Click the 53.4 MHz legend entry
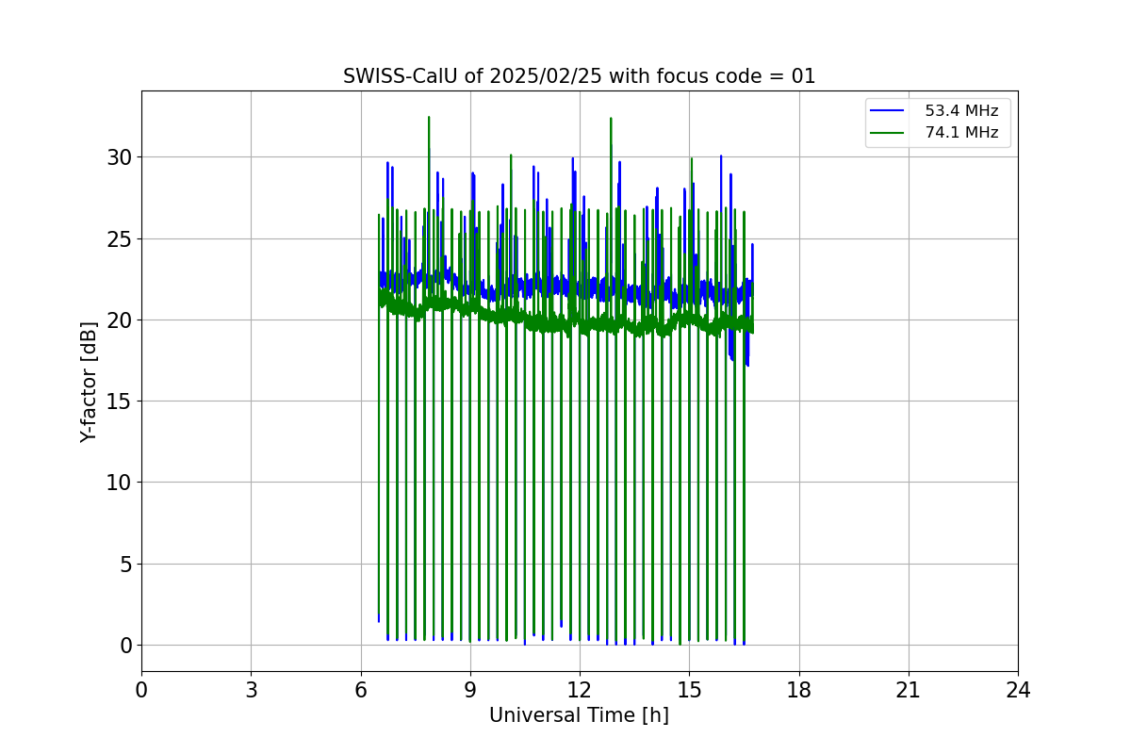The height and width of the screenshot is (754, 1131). coord(961,111)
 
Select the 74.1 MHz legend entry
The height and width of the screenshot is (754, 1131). coord(961,133)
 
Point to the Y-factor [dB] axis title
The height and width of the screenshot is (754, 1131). coord(89,382)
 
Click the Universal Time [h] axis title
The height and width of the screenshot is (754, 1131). coord(579,715)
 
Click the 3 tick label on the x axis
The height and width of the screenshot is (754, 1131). coord(251,690)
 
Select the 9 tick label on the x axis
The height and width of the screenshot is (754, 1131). coord(470,690)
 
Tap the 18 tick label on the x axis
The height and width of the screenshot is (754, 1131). coord(799,690)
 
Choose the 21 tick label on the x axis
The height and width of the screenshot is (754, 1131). coord(909,690)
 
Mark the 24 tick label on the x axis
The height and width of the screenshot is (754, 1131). coord(1018,690)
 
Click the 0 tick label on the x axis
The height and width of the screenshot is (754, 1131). coord(141,690)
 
